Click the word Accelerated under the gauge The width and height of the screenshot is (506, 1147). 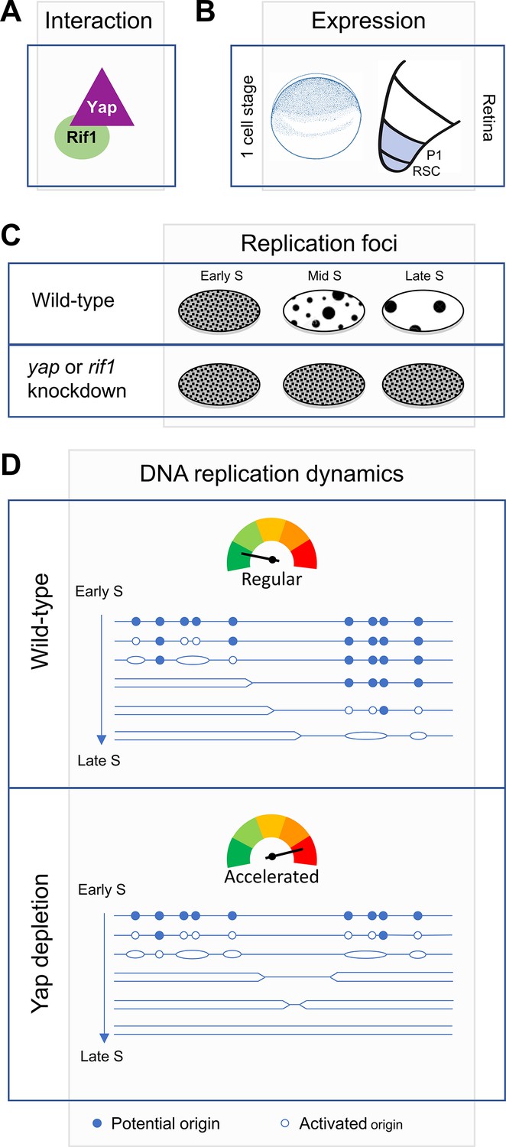271,876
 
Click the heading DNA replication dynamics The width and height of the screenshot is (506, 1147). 271,475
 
